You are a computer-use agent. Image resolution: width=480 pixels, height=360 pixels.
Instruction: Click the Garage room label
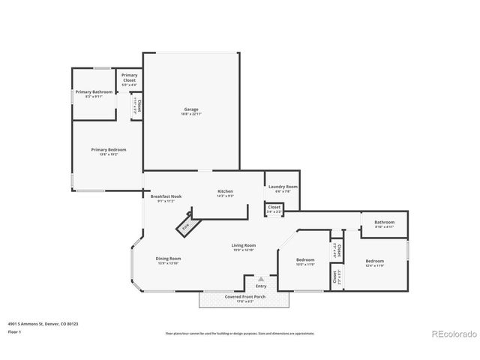[190, 109]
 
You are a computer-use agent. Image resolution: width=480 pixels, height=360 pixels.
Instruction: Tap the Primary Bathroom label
[94, 91]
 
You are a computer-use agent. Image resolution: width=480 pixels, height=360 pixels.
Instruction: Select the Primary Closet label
[129, 76]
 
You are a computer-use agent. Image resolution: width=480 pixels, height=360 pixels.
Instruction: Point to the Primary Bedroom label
[109, 149]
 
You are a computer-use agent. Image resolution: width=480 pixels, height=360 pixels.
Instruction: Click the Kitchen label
[226, 191]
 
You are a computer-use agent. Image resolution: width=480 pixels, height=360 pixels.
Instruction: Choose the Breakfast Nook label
[165, 196]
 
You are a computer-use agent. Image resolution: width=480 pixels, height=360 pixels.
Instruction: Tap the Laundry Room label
[282, 186]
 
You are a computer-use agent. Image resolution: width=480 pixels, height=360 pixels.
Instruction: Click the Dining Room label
[168, 258]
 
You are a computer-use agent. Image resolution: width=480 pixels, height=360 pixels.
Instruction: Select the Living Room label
[244, 245]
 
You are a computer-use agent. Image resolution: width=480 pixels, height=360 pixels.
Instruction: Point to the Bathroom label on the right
[385, 222]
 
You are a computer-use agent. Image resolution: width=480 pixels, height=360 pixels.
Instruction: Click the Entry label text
[261, 286]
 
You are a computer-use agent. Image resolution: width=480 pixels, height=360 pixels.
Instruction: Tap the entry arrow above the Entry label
[261, 278]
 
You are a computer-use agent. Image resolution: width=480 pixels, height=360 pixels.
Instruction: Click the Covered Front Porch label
[244, 296]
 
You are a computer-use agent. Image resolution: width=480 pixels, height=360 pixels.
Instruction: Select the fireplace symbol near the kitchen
[184, 224]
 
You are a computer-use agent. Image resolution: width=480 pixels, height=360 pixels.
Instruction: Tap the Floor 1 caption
[14, 331]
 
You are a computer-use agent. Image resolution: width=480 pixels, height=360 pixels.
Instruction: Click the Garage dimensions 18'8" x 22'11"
[190, 113]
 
